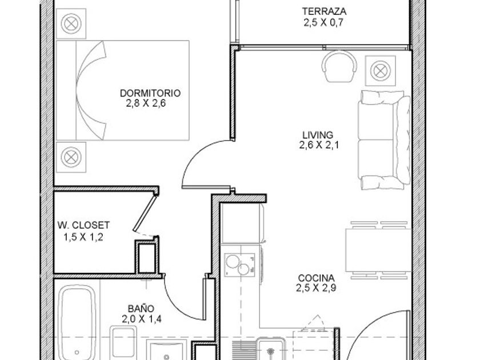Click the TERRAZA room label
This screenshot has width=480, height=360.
[324, 11]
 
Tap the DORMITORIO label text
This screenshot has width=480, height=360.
[150, 93]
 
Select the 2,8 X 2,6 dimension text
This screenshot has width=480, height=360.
[146, 103]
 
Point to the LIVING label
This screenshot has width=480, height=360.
[318, 135]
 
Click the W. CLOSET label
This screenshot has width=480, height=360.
[83, 225]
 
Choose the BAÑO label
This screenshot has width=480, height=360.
[141, 308]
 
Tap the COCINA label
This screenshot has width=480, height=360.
[316, 278]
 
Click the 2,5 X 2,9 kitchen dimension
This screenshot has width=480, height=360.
[316, 288]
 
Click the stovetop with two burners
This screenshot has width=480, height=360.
[239, 265]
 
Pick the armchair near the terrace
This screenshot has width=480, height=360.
[339, 66]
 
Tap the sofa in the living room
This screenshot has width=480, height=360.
[384, 140]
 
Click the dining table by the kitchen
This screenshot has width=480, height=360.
[378, 250]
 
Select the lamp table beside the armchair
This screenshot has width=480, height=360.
[381, 71]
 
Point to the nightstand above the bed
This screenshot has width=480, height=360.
[71, 23]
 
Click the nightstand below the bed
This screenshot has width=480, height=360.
[71, 157]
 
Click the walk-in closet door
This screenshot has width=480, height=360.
[145, 213]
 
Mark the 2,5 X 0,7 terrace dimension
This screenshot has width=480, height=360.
[324, 22]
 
